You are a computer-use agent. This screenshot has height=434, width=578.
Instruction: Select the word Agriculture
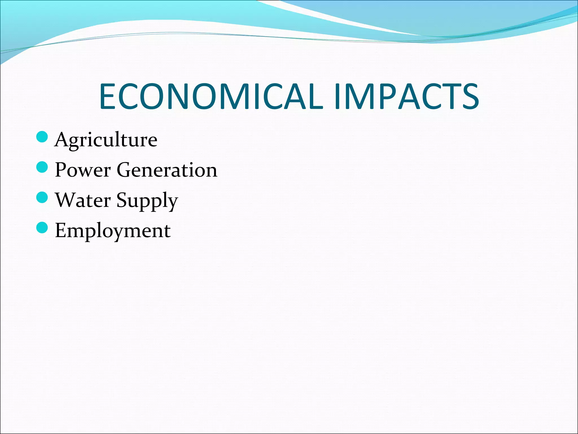tap(106, 140)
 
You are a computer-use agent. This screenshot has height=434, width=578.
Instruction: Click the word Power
tap(83, 170)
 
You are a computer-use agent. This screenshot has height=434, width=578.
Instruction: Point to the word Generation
tap(167, 170)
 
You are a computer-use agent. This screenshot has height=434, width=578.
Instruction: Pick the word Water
tap(83, 200)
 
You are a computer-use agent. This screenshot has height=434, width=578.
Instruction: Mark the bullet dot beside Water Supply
tap(42, 197)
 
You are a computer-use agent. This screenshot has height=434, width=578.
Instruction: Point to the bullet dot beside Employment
tap(42, 227)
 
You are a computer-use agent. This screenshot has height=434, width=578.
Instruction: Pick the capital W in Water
tap(67, 200)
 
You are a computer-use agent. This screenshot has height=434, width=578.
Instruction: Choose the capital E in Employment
tap(61, 230)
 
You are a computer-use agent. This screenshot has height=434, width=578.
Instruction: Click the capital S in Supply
tap(122, 200)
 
